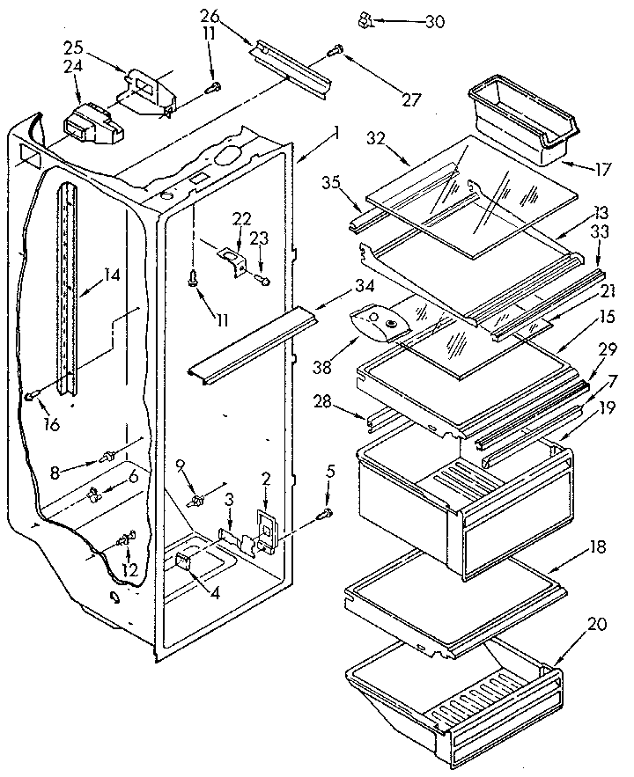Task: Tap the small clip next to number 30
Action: (364, 18)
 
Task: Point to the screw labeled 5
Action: (328, 512)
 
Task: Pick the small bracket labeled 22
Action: (233, 261)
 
